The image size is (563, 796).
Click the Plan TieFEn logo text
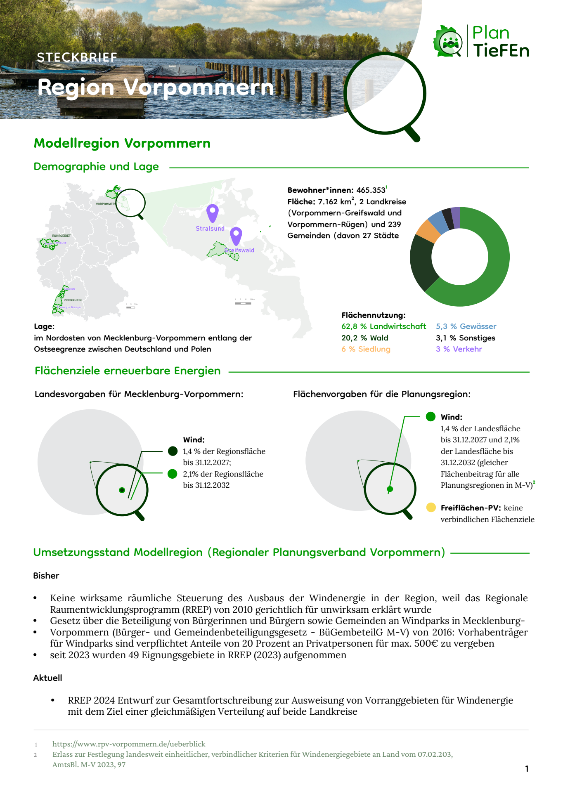click(500, 42)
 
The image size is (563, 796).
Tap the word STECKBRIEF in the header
click(77, 57)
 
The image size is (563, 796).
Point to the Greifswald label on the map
click(240, 250)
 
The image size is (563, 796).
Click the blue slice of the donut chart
click(438, 222)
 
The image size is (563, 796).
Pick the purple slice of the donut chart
click(455, 217)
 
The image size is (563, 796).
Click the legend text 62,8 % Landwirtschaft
click(383, 326)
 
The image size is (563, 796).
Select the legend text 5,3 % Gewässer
click(466, 326)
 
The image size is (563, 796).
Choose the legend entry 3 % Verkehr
click(459, 349)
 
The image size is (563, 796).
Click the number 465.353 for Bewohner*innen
click(371, 190)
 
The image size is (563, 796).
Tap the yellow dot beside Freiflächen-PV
click(431, 507)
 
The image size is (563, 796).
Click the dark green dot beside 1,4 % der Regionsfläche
click(173, 451)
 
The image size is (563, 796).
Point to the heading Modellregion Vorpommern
click(122, 143)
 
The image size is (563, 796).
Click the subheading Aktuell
click(48, 678)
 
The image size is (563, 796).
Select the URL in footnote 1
click(129, 744)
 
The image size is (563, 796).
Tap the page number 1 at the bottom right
click(527, 768)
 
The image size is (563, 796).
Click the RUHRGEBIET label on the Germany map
click(62, 236)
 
